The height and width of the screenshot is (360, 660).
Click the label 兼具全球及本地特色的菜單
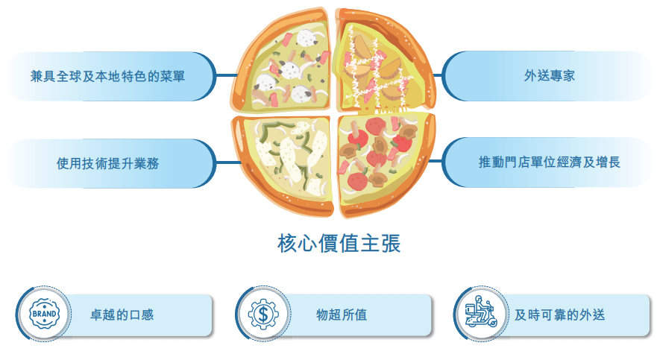[107, 76]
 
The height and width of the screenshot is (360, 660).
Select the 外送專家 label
[550, 76]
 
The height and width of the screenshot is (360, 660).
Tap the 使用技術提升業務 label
[107, 163]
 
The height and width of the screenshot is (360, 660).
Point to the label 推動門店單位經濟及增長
[550, 162]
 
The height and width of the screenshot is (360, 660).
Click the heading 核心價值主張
[339, 243]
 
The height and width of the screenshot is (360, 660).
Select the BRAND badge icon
[44, 314]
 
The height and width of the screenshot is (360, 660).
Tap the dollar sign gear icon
[263, 314]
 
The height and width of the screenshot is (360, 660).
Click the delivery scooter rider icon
[482, 312]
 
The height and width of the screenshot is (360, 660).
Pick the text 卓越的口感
[122, 315]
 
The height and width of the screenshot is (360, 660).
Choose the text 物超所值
[342, 315]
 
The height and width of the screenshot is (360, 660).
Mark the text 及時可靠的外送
[559, 315]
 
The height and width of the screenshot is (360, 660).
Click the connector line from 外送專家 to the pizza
[438, 76]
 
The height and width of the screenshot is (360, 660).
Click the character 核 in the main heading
[286, 243]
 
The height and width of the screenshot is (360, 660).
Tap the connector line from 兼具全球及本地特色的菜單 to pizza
[227, 76]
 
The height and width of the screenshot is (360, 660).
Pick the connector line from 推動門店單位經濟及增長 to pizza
[436, 161]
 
